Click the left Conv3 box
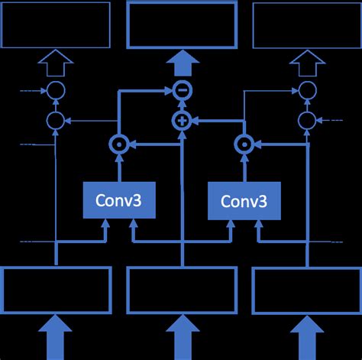(x=118, y=200)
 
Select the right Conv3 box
(x=244, y=200)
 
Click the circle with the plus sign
(x=182, y=120)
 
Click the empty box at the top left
(x=55, y=25)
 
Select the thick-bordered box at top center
(x=181, y=25)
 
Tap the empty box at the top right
(x=306, y=25)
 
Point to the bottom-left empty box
(x=55, y=290)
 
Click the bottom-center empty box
(x=181, y=290)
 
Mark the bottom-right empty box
(x=306, y=290)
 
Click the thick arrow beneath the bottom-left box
(x=55, y=337)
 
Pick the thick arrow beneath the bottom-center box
(x=181, y=337)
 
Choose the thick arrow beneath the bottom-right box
(x=306, y=337)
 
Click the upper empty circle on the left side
(x=55, y=91)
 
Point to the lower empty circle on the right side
(x=307, y=120)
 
